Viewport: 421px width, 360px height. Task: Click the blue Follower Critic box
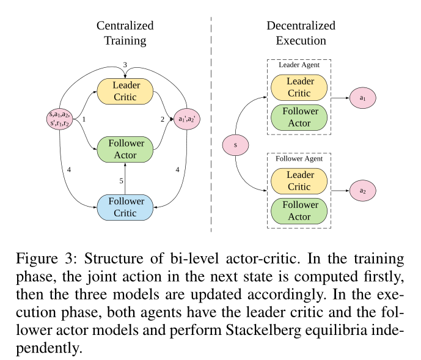[x=125, y=207]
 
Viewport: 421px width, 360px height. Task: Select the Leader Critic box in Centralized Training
[x=125, y=90]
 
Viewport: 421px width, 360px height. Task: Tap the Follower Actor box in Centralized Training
[x=125, y=149]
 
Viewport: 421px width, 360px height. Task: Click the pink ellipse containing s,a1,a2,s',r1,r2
[x=60, y=118]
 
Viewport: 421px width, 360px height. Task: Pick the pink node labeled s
[x=236, y=145]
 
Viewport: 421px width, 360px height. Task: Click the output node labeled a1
[x=362, y=97]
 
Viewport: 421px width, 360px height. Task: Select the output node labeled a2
[x=362, y=191]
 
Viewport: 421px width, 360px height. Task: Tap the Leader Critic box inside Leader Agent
[x=299, y=87]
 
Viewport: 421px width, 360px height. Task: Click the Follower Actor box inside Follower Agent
[x=299, y=211]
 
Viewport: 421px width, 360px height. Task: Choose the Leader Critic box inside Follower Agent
[x=299, y=181]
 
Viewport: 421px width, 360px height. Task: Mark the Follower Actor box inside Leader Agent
[x=299, y=117]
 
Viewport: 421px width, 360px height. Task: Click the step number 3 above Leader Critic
[x=125, y=65]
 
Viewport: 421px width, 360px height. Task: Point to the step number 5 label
[x=121, y=181]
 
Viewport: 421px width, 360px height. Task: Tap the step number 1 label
[x=84, y=119]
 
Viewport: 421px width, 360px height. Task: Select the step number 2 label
[x=162, y=119]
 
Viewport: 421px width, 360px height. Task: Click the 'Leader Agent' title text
[x=299, y=64]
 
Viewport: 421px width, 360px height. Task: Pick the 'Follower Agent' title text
[x=299, y=158]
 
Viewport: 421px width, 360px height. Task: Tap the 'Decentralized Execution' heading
[x=301, y=33]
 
